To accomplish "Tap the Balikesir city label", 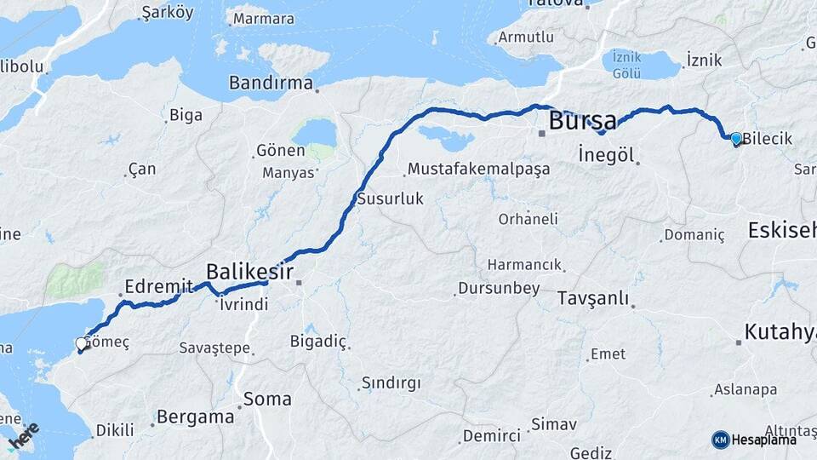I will tap(249, 272).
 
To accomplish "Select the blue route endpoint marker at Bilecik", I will tap(736, 138).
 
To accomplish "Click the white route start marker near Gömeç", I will tap(81, 344).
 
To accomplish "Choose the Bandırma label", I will tap(271, 83).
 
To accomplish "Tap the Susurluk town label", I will tap(390, 198).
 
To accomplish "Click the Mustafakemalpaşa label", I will tap(478, 170).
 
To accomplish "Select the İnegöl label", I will tap(607, 155).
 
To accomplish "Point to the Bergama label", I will tap(196, 417).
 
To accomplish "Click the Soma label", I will tap(267, 399).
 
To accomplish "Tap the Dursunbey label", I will tap(499, 289).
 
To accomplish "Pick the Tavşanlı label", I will tap(592, 298).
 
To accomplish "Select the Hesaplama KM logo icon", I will tap(721, 440).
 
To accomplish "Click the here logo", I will tap(23, 436).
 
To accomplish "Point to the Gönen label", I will tap(280, 151).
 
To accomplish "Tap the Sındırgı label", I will tap(391, 383).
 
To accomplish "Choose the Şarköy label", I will tap(168, 13).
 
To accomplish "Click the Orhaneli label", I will tap(528, 219).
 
